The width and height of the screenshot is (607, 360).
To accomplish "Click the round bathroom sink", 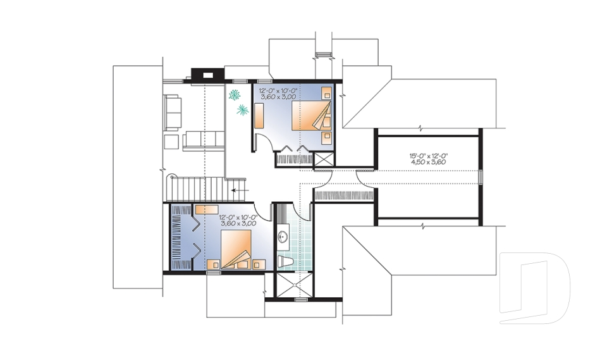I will point(283,237).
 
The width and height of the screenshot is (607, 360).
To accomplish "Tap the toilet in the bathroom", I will point(285,259).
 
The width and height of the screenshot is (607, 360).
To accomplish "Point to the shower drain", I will point(295,283).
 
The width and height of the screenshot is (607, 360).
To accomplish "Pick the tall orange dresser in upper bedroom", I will point(259,116).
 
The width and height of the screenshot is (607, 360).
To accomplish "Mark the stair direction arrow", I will point(239,189).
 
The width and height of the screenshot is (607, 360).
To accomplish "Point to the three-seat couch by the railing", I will point(204,140).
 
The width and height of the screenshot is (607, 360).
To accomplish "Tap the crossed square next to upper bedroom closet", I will point(323,159).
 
